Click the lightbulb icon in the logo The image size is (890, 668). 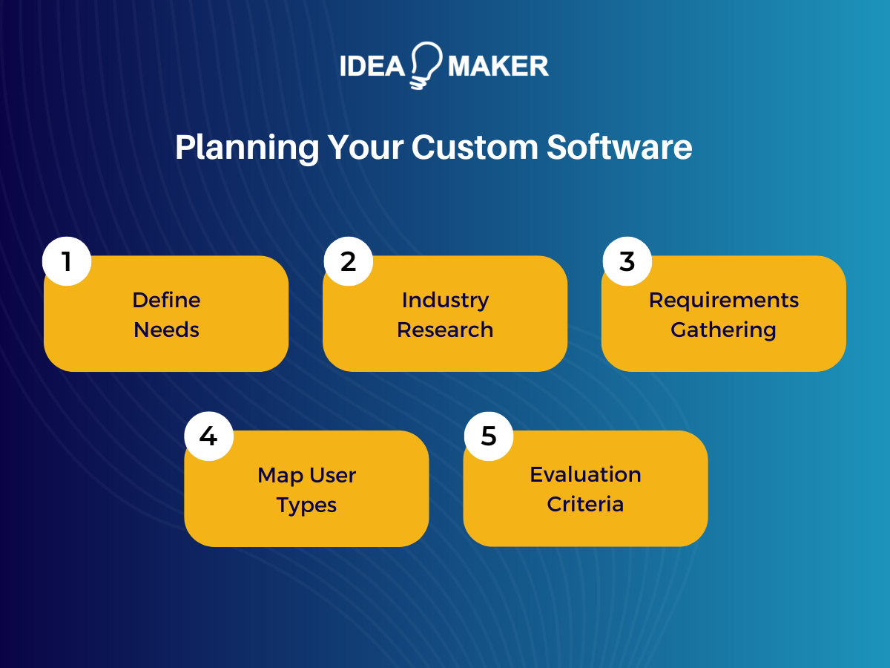[425, 65]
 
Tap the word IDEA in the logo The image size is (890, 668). [371, 66]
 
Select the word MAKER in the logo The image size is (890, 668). [498, 66]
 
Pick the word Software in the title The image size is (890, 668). [619, 148]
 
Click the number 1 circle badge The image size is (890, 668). [67, 261]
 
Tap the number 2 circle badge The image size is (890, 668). [349, 261]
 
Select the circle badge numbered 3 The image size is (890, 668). [627, 261]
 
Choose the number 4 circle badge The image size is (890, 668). [208, 436]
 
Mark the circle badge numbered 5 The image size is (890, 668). [488, 436]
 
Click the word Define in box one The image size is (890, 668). [166, 300]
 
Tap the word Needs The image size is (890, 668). [166, 330]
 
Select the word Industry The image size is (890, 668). [445, 300]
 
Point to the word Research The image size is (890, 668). [445, 330]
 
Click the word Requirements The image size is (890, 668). [723, 300]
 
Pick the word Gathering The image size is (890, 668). [723, 330]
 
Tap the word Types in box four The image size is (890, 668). [306, 505]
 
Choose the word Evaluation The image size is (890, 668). [585, 474]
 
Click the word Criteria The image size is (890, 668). [585, 504]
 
